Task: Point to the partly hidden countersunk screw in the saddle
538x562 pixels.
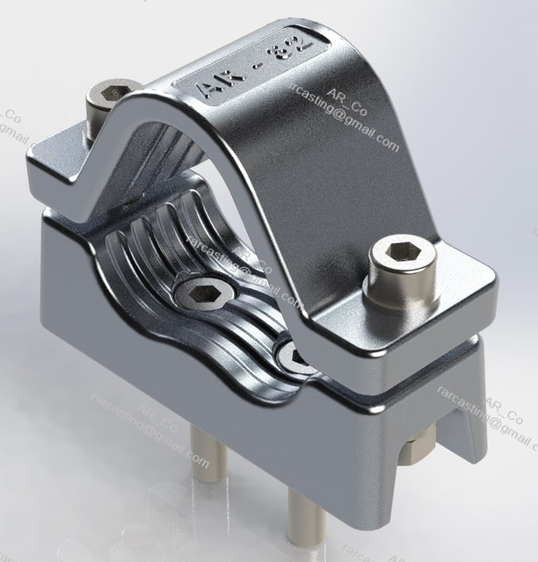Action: pos(293,355)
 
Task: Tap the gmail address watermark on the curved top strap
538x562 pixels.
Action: pos(343,123)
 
